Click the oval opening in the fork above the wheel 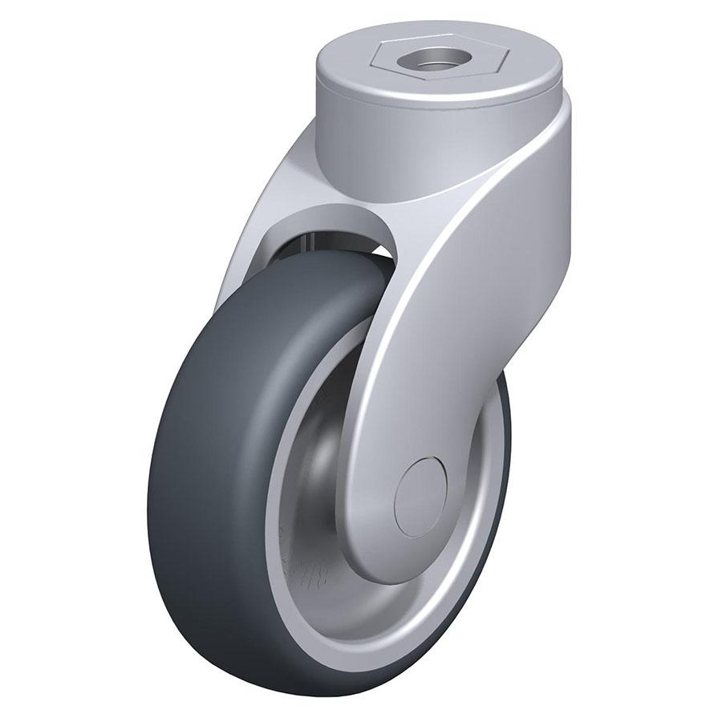tap(337, 233)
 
